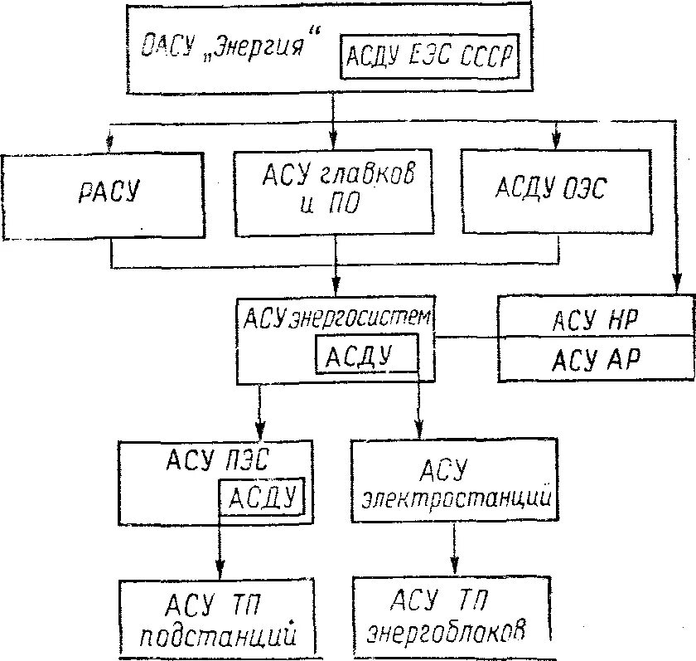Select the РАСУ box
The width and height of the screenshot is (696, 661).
(x=102, y=194)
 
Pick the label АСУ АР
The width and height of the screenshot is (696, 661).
(x=595, y=360)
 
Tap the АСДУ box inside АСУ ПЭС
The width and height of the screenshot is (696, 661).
(x=261, y=498)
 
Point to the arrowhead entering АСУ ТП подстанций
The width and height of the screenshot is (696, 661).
(x=220, y=571)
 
